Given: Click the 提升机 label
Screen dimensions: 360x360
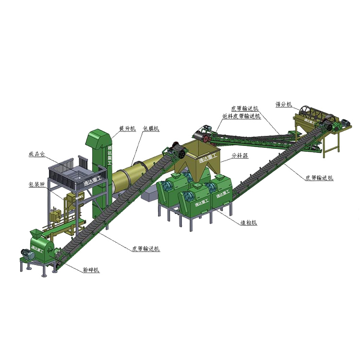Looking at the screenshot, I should coord(127,129).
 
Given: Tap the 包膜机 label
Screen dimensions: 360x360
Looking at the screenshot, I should coord(151,129).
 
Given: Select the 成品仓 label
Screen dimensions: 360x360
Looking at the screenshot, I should coord(37,155).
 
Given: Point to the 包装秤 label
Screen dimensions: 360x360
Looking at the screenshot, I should coord(37,184).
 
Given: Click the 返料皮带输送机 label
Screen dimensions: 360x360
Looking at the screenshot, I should coord(241,116).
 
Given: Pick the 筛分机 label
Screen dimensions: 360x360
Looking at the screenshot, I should coord(284,103).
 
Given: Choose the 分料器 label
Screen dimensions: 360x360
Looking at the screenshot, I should coord(240,156).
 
